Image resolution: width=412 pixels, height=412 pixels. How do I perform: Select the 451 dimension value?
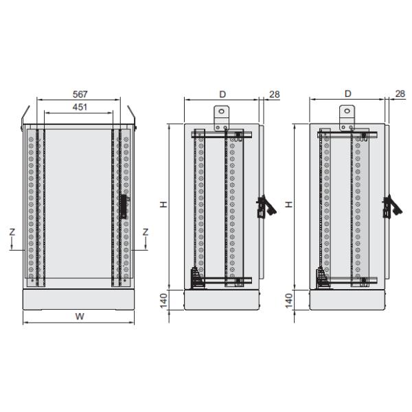tap(79, 107)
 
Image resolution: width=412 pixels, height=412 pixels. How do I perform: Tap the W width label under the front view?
tap(79, 317)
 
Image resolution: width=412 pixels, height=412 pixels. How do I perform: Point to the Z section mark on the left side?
tap(12, 233)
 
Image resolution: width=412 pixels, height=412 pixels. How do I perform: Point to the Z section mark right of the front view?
tap(146, 233)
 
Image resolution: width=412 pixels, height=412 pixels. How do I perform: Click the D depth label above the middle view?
tap(222, 93)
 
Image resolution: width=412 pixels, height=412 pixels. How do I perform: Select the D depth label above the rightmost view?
tap(347, 93)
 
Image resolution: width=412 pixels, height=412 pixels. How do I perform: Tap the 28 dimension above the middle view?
tap(275, 93)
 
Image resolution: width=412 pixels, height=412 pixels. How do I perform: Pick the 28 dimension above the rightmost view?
tap(400, 93)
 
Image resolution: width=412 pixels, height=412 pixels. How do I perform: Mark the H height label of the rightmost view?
tap(289, 205)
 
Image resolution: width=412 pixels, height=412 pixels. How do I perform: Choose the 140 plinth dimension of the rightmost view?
tap(289, 300)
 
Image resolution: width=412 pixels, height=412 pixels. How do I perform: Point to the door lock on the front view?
tap(123, 206)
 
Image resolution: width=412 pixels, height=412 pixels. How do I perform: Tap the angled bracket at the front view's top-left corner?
tap(25, 114)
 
